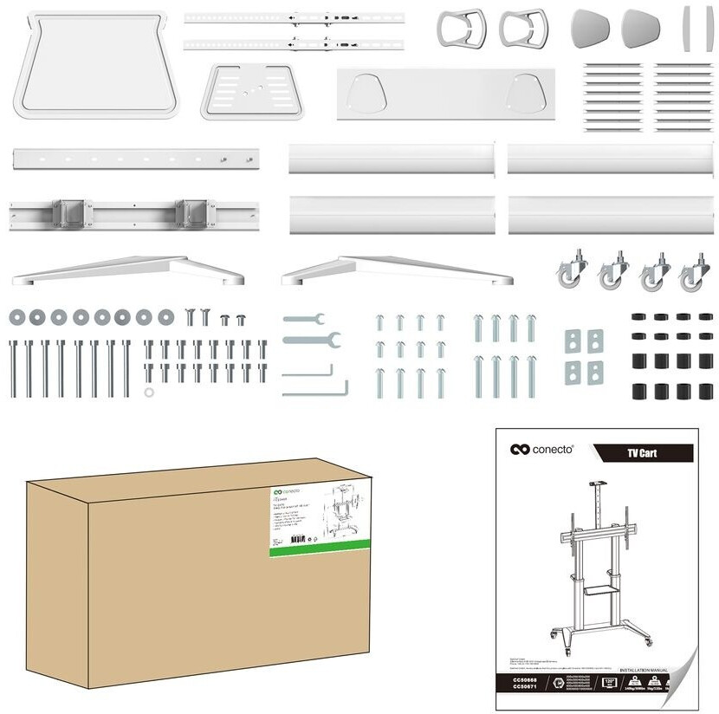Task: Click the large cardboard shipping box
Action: [191, 589]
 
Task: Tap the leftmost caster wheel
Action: [567, 273]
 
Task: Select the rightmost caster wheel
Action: [695, 274]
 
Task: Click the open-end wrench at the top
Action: [302, 319]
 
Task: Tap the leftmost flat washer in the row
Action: [16, 317]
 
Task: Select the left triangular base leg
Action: [127, 270]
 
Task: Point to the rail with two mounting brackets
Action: [134, 212]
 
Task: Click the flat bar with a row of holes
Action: [134, 159]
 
